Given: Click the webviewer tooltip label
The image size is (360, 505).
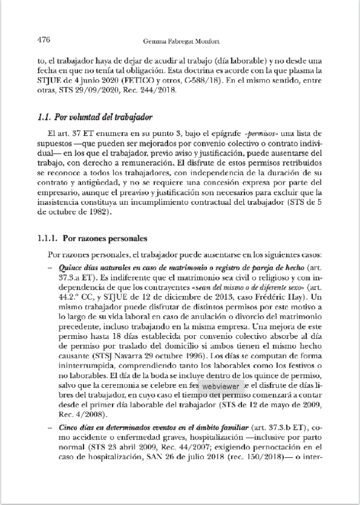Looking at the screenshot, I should click(222, 386).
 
